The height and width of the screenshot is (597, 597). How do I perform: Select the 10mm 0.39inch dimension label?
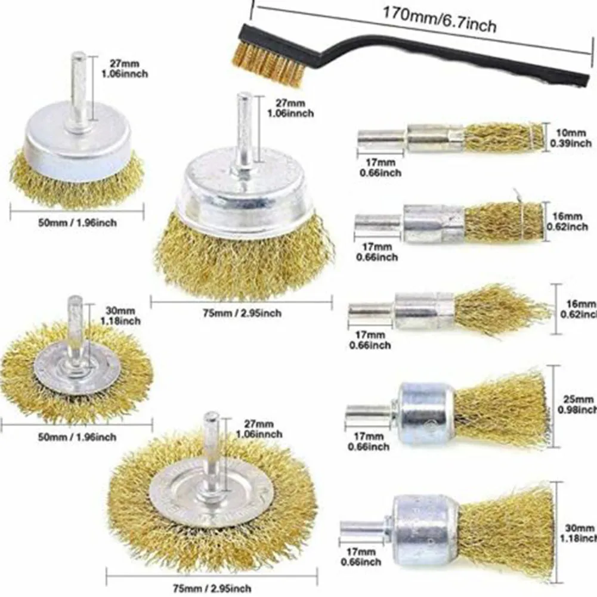pos(571,137)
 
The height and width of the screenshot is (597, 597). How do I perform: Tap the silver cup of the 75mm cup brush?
pos(243,191)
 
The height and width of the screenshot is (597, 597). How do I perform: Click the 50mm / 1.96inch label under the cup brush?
pos(76,223)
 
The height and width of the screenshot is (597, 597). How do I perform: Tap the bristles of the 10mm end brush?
pos(504,137)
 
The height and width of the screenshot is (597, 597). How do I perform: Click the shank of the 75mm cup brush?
pos(243,131)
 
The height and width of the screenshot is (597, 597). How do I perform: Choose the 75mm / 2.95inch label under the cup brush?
pos(241,313)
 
